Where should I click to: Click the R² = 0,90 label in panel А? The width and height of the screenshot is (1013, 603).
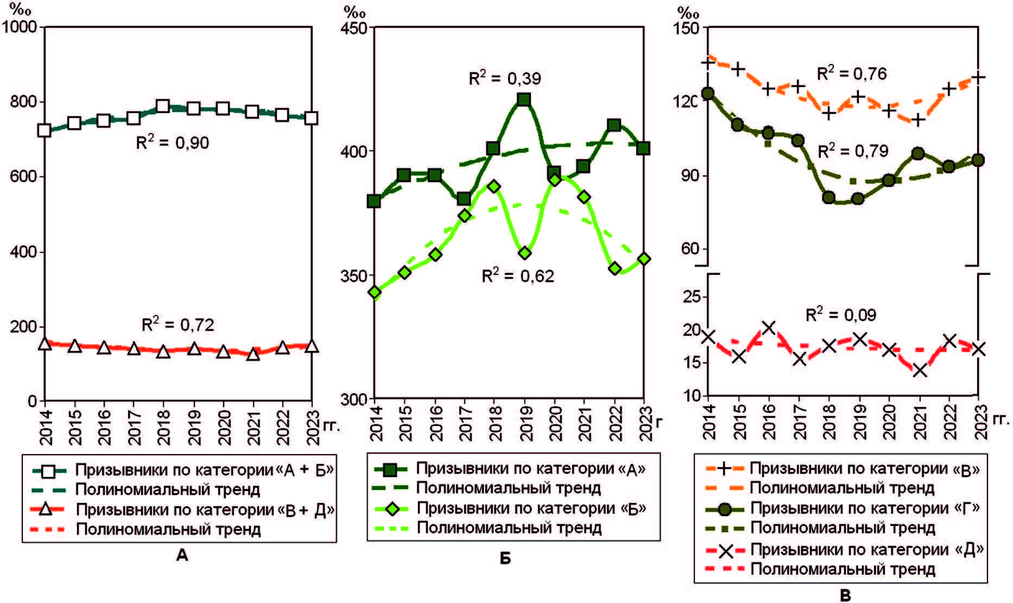[x=172, y=143]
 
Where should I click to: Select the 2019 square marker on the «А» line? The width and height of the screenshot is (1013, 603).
[x=524, y=99]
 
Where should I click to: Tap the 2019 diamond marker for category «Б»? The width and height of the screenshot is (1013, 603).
[x=524, y=253]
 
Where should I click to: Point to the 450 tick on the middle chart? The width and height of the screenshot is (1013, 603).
[x=355, y=27]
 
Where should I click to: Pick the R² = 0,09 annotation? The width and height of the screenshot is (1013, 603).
[x=840, y=315]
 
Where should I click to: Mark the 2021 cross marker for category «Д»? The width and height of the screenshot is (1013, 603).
[x=920, y=371]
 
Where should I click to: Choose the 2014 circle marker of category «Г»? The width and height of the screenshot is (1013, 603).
[x=708, y=93]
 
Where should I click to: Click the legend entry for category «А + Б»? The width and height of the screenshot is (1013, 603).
[x=204, y=470]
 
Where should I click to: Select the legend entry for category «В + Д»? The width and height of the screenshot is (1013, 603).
[x=204, y=510]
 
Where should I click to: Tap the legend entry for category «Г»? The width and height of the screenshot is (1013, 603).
[x=865, y=508]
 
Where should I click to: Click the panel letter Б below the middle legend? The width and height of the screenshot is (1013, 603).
[x=505, y=558]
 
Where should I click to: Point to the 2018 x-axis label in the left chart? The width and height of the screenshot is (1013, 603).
[x=163, y=428]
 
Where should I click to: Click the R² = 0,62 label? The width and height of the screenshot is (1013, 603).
[x=518, y=276]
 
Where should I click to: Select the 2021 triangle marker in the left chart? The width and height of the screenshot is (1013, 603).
[x=252, y=355]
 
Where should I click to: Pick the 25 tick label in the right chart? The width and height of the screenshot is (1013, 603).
[x=692, y=297]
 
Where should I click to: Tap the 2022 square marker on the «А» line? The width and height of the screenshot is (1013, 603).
[x=614, y=125]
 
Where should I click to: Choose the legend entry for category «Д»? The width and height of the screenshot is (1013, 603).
[x=866, y=550]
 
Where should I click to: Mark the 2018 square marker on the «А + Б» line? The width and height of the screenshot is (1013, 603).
[x=163, y=106]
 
